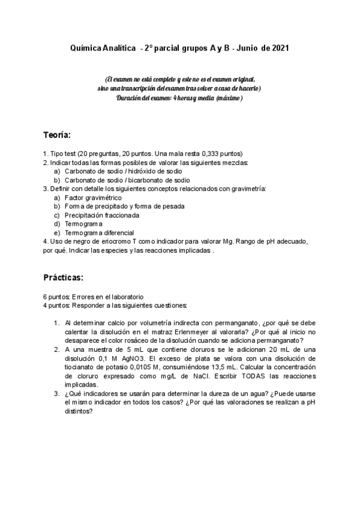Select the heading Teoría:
coord(57,134)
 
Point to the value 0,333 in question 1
coord(209,153)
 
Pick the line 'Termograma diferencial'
coord(99,232)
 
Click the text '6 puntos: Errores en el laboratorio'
coord(93,297)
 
